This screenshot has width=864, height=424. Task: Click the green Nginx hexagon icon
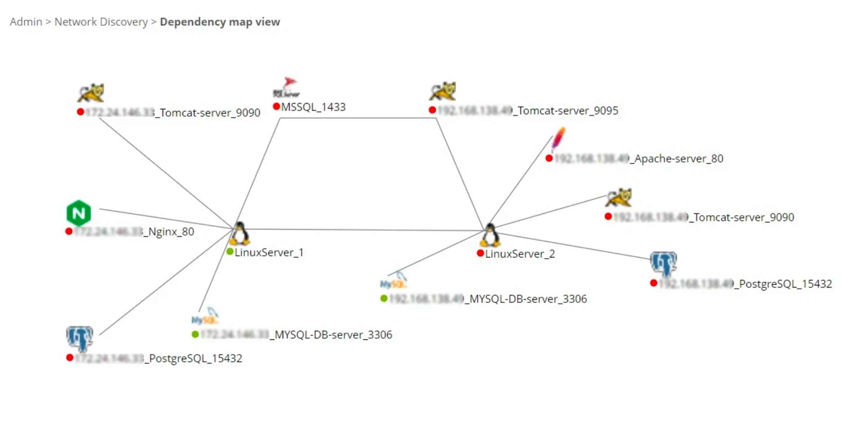pyautogui.click(x=79, y=213)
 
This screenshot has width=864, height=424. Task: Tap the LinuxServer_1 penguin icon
pyautogui.click(x=240, y=233)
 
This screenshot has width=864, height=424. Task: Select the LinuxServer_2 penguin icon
pyautogui.click(x=490, y=235)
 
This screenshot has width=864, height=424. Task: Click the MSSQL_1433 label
pyautogui.click(x=313, y=107)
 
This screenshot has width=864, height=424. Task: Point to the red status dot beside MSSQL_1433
pyautogui.click(x=277, y=107)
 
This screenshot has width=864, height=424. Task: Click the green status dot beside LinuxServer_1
pyautogui.click(x=230, y=252)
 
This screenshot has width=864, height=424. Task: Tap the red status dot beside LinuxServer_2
pyautogui.click(x=480, y=253)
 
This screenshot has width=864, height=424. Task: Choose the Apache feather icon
pyautogui.click(x=558, y=139)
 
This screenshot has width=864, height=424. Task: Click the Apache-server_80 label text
pyautogui.click(x=679, y=159)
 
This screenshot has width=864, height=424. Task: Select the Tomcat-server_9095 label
pyautogui.click(x=567, y=111)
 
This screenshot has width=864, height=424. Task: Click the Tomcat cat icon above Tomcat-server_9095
pyautogui.click(x=443, y=91)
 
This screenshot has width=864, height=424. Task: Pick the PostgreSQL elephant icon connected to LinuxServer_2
pyautogui.click(x=663, y=263)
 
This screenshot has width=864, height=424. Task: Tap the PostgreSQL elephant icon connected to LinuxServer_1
pyautogui.click(x=80, y=338)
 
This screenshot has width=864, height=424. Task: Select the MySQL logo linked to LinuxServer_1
pyautogui.click(x=205, y=317)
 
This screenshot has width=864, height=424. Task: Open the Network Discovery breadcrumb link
pyautogui.click(x=101, y=22)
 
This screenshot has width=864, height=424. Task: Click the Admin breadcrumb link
pyautogui.click(x=26, y=22)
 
